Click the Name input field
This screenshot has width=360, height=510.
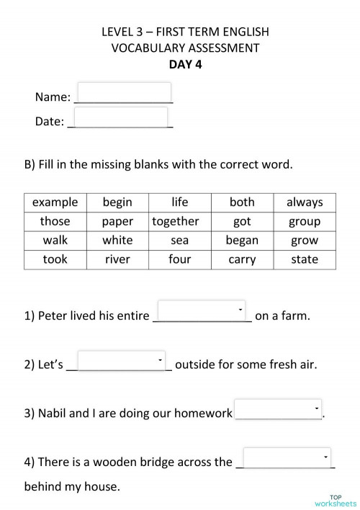(x=123, y=93)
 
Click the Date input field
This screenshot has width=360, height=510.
(x=120, y=117)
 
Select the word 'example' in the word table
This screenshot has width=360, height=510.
(x=55, y=202)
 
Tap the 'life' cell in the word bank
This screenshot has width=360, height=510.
(x=179, y=202)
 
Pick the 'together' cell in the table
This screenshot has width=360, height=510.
(x=176, y=221)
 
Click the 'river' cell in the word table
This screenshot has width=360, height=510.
(x=117, y=259)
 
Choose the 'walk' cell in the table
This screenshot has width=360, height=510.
(x=55, y=241)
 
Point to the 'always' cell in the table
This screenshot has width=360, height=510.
(x=305, y=202)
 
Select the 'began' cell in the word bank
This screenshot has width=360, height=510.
(x=242, y=241)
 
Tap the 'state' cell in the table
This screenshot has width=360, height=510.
(x=305, y=259)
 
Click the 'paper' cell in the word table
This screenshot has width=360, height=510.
(x=117, y=221)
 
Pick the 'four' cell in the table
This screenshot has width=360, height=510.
(x=179, y=259)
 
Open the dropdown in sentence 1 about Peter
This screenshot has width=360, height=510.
(x=202, y=310)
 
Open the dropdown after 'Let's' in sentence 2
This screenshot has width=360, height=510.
(x=121, y=360)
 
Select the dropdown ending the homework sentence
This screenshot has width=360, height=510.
(x=278, y=408)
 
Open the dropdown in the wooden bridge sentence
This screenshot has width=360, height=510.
(x=287, y=457)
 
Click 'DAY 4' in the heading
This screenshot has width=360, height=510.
(x=179, y=64)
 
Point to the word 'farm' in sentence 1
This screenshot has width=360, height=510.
(x=294, y=316)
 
